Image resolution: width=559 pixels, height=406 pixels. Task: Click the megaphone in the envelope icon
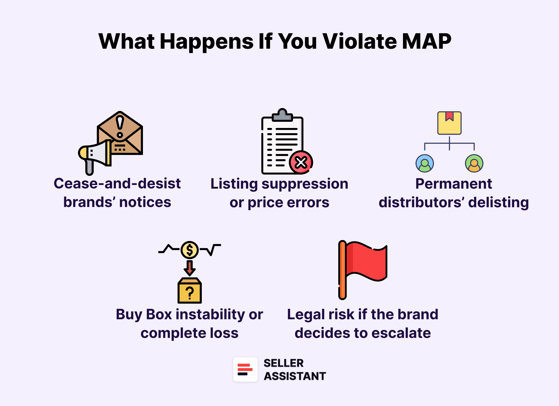96,154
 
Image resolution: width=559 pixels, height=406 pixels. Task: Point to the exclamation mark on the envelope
120,126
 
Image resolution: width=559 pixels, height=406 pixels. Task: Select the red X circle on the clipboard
301,162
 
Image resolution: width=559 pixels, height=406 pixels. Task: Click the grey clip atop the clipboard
282,115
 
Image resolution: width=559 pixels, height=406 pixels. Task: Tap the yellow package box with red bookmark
449,123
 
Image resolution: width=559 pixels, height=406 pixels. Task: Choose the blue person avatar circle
425,163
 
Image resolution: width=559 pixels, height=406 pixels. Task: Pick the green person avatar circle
474,163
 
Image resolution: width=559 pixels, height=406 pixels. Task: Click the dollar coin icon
190,250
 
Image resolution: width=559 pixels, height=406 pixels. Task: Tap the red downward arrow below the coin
190,268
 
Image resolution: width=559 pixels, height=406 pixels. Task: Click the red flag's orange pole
342,270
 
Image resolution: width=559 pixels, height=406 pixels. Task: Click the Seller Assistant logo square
245,370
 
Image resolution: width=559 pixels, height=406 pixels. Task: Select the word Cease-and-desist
117,184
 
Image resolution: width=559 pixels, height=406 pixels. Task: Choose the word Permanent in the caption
454,184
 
